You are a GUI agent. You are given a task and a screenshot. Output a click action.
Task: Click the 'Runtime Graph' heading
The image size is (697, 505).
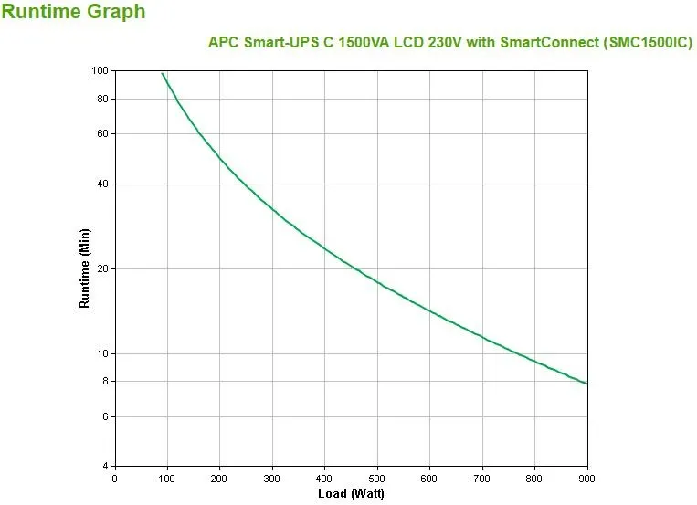tap(73, 13)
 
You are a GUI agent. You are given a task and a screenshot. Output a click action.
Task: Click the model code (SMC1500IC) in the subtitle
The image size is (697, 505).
tap(642, 42)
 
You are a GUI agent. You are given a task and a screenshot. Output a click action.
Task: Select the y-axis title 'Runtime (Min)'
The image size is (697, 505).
tap(85, 268)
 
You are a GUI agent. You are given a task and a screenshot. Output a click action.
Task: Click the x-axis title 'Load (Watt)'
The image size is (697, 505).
tap(351, 494)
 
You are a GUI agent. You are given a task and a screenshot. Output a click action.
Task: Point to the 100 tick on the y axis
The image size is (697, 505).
tap(100, 70)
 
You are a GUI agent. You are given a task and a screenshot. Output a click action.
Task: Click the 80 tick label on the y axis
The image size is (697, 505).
tap(101, 99)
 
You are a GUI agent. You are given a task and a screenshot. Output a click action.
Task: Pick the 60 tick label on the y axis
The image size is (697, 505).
tap(101, 133)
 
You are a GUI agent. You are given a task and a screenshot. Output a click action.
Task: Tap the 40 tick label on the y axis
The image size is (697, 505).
tap(101, 184)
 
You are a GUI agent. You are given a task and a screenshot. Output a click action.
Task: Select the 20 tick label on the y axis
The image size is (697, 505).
tap(101, 268)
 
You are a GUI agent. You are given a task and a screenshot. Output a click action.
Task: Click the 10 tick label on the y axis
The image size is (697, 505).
tap(101, 353)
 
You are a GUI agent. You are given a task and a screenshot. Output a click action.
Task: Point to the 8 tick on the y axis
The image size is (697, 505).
tap(104, 381)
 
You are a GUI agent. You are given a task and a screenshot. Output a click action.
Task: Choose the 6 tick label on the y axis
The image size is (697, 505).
tap(104, 416)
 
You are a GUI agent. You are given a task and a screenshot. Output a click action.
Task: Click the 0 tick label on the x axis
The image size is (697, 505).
tap(114, 478)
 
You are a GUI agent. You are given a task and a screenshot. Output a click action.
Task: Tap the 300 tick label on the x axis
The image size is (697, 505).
tap(272, 478)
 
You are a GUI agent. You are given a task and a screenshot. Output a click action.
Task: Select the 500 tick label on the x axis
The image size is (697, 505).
tap(377, 478)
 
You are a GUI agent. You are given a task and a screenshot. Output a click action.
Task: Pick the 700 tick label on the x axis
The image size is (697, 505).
tap(482, 478)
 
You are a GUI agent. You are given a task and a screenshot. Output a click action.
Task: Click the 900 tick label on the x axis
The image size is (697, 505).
tap(587, 478)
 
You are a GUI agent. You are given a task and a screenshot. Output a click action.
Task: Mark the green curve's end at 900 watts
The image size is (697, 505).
tap(587, 384)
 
